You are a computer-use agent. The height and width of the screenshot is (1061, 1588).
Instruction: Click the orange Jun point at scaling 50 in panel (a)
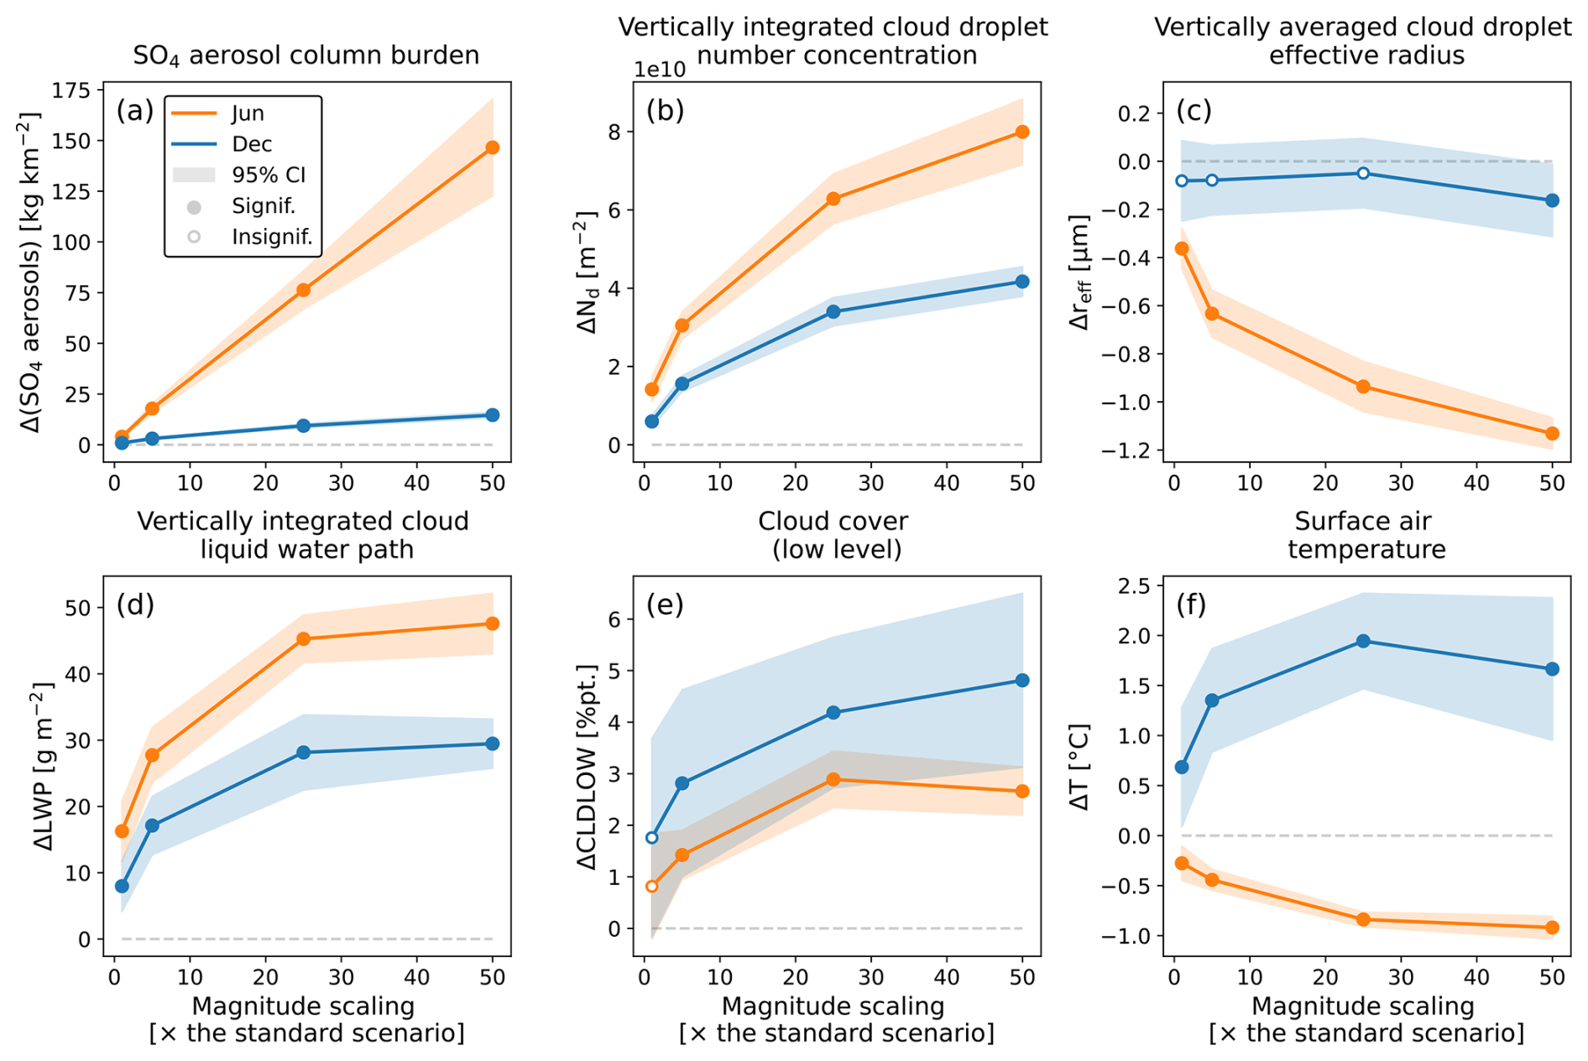[493, 148]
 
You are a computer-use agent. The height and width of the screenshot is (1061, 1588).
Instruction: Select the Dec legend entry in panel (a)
[251, 144]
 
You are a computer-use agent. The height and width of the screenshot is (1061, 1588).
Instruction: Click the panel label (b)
[665, 111]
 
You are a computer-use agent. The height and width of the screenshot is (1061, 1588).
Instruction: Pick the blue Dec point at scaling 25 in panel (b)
[833, 312]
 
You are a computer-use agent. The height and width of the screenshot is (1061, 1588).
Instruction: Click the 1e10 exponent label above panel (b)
[660, 70]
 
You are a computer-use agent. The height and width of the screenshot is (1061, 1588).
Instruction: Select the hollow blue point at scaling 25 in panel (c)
[1363, 174]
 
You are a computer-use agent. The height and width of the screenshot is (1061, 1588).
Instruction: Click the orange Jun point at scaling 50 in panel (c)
[1553, 434]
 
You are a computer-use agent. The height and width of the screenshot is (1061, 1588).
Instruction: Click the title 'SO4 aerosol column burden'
[306, 55]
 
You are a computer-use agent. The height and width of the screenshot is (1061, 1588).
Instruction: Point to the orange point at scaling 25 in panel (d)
[304, 639]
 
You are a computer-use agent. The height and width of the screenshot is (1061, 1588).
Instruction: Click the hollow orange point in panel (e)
[652, 887]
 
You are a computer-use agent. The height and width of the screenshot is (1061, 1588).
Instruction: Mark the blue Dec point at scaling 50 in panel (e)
[1022, 680]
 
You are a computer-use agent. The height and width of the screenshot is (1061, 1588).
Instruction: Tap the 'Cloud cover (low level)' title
[833, 535]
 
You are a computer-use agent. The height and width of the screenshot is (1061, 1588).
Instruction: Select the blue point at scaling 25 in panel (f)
[1363, 642]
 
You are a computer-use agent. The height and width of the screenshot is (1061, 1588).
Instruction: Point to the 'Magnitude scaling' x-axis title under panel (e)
[833, 1006]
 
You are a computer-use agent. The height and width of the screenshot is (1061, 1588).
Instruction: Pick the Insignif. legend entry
[271, 237]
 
